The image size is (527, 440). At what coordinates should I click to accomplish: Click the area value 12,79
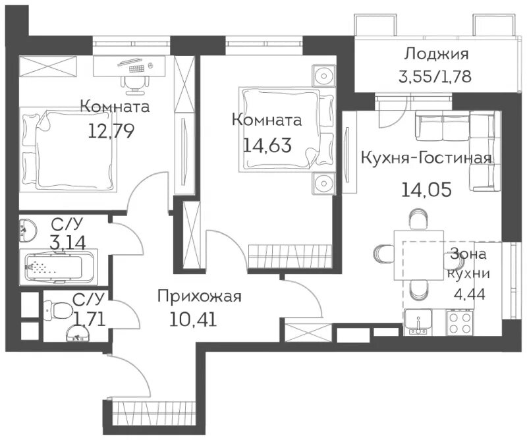111,131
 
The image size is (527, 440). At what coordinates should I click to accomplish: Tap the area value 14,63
267,145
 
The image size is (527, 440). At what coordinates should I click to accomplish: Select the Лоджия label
436,54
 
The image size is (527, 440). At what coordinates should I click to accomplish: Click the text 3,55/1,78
435,76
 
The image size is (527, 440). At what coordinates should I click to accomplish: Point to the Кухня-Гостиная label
426,158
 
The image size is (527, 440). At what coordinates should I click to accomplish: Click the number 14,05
426,190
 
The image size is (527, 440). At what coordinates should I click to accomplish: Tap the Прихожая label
200,297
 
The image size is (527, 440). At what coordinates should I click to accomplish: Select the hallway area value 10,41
193,319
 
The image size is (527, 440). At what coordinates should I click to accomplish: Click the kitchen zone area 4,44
469,294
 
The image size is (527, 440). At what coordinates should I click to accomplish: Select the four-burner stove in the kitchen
459,323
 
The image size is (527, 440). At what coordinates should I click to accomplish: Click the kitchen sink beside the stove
418,322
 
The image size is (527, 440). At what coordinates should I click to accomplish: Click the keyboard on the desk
136,69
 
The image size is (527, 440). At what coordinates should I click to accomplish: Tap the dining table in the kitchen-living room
419,255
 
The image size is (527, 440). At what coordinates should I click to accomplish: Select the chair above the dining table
419,219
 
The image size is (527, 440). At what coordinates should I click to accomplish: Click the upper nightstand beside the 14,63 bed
323,76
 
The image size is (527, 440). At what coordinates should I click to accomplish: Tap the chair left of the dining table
384,256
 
